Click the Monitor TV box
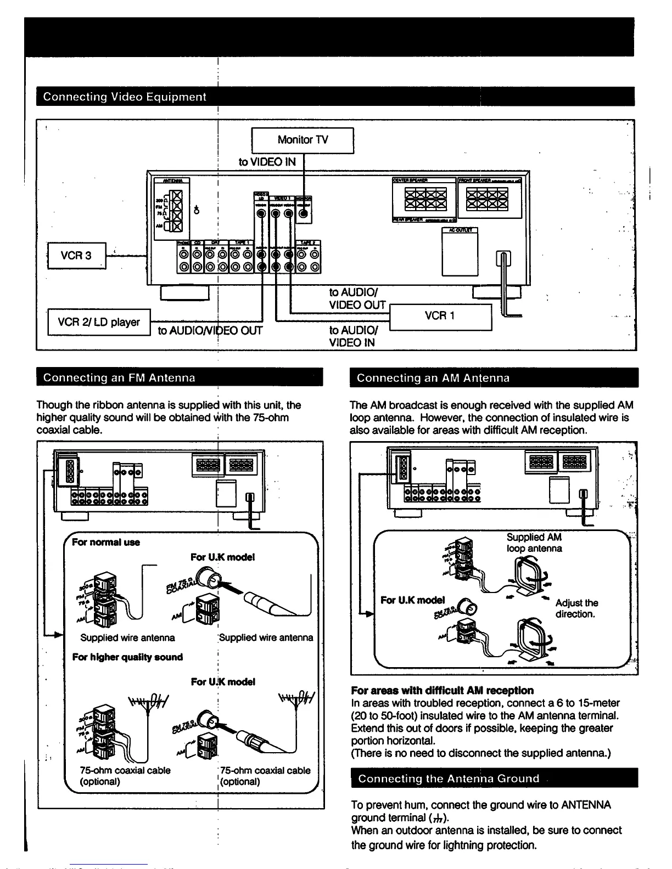pos(302,140)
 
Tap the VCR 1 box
pos(440,316)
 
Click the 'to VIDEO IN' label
pos(267,162)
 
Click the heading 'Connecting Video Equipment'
pos(125,97)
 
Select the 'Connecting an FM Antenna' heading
pos(119,377)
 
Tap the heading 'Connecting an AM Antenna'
pos(433,377)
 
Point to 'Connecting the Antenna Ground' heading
pos(449,778)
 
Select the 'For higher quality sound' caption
pos(127,657)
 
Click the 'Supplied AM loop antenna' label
pos(534,543)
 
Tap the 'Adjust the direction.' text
pos(576,608)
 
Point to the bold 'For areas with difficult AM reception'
pos(442,690)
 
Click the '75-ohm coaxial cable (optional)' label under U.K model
pos(265,776)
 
